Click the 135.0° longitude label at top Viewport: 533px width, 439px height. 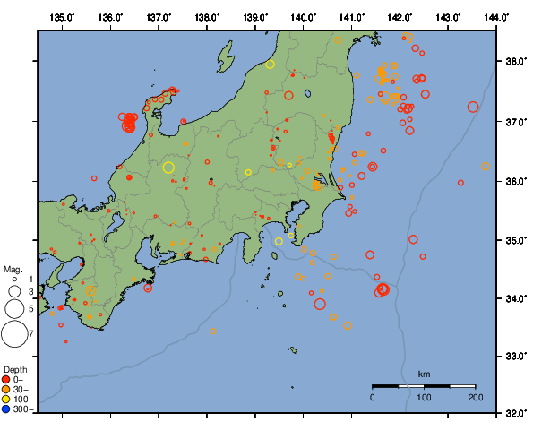tap(63, 17)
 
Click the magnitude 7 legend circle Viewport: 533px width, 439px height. tap(14, 334)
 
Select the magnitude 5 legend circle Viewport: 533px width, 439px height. tap(14, 308)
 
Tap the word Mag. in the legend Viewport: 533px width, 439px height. tap(13, 269)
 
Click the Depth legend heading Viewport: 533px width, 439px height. tap(15, 370)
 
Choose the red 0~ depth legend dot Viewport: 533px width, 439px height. tap(7, 380)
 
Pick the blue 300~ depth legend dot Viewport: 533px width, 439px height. tap(7, 409)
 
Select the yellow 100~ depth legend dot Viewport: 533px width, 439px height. tap(7, 400)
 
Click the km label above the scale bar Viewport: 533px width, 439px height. tap(424, 374)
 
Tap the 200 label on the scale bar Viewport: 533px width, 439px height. tap(475, 397)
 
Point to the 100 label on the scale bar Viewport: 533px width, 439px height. tap(424, 397)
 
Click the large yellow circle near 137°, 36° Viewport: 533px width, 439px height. tap(168, 167)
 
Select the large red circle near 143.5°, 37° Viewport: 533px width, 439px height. tap(473, 107)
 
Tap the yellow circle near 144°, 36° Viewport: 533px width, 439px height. tap(486, 166)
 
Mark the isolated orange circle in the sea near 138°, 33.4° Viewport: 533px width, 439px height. tap(213, 331)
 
